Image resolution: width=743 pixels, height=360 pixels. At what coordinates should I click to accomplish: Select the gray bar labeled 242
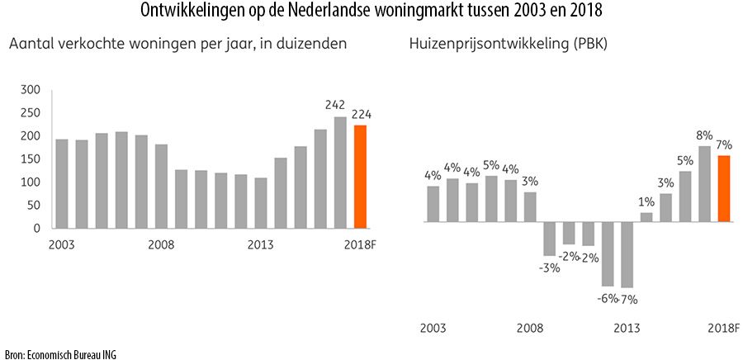click(340, 173)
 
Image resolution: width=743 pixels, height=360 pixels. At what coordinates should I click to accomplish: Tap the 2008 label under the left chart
click(161, 244)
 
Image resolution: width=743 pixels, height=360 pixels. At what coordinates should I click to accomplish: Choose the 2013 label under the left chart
click(261, 244)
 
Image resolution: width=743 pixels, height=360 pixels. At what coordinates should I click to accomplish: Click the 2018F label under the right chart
click(723, 328)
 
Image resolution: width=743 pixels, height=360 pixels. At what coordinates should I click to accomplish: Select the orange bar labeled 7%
click(724, 189)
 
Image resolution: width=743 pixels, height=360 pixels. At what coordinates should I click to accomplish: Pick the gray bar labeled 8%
click(704, 184)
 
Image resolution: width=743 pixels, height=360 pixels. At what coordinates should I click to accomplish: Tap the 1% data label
click(646, 201)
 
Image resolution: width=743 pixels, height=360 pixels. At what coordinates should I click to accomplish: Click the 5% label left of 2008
click(491, 163)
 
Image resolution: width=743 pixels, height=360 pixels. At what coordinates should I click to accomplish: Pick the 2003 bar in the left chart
click(62, 183)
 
